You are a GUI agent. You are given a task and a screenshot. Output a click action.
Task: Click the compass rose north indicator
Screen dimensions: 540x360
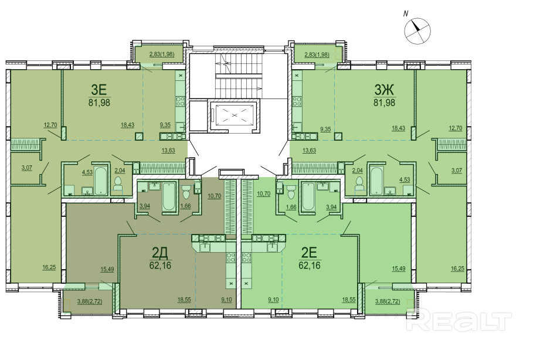[x=417, y=30]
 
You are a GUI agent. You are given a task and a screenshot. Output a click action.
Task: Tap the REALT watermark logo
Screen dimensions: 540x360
[x=459, y=320]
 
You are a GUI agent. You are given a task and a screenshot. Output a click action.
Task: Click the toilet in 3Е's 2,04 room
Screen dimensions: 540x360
[x=118, y=184]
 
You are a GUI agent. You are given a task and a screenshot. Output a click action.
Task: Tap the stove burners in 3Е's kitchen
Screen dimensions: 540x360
[x=181, y=101]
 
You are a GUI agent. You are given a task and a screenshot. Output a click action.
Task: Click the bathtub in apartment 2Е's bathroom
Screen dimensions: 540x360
[x=308, y=196]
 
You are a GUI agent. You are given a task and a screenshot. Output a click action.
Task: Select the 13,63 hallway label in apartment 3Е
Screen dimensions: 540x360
[x=168, y=150]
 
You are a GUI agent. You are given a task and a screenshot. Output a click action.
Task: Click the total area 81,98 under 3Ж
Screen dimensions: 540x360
[x=385, y=103]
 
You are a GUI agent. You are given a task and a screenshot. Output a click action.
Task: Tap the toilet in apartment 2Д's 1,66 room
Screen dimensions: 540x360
[x=186, y=192]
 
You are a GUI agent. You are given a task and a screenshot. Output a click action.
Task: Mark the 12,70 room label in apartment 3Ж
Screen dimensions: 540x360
[x=456, y=128]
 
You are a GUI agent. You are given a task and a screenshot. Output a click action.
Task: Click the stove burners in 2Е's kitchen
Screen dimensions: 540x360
[x=247, y=257]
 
